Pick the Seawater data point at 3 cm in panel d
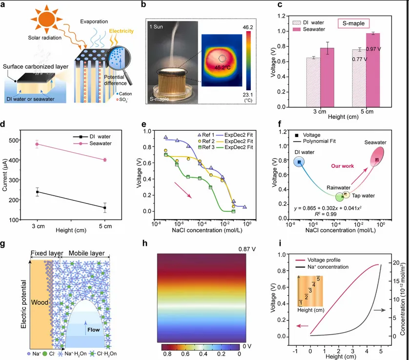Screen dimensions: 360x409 [36, 144]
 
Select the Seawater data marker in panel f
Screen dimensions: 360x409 [377, 160]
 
